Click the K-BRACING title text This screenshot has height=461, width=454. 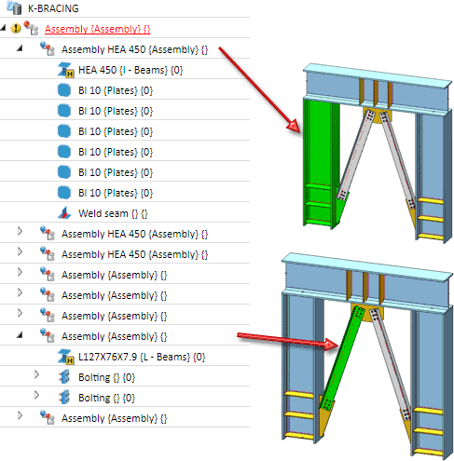(53, 8)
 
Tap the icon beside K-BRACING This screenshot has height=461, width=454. (14, 7)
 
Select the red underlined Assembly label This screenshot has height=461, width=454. (97, 29)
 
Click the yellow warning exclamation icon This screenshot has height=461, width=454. (16, 28)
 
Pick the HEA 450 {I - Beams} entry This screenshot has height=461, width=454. (131, 70)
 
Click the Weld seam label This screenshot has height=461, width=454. (113, 213)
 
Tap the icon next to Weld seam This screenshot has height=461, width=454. (64, 213)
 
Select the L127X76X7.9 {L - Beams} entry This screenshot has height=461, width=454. (142, 357)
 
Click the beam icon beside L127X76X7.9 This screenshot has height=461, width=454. (66, 357)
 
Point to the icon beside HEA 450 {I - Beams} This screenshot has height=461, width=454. (66, 70)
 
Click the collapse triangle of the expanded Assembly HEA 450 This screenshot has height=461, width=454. (20, 48)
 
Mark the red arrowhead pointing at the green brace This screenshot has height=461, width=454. (331, 345)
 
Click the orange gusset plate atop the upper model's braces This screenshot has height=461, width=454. (378, 115)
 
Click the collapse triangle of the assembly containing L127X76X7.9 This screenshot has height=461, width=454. (20, 335)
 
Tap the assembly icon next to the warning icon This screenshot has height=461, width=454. (31, 28)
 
